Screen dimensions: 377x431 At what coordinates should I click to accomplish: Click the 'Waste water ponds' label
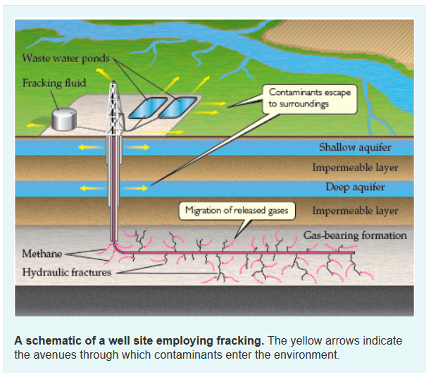[66, 58]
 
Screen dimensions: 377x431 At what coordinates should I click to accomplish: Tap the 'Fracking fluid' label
[54, 83]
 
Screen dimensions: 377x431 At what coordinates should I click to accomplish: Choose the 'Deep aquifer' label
[355, 187]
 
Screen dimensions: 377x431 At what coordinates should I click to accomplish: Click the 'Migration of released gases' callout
[233, 210]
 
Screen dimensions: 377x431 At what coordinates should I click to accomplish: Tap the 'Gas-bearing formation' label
[355, 235]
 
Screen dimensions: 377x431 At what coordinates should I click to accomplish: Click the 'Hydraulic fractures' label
[66, 271]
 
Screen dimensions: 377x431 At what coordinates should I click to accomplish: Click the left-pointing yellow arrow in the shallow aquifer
[87, 147]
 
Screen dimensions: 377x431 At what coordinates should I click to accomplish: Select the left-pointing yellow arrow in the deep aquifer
[87, 188]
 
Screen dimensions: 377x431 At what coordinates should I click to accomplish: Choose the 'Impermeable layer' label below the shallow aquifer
[355, 168]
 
